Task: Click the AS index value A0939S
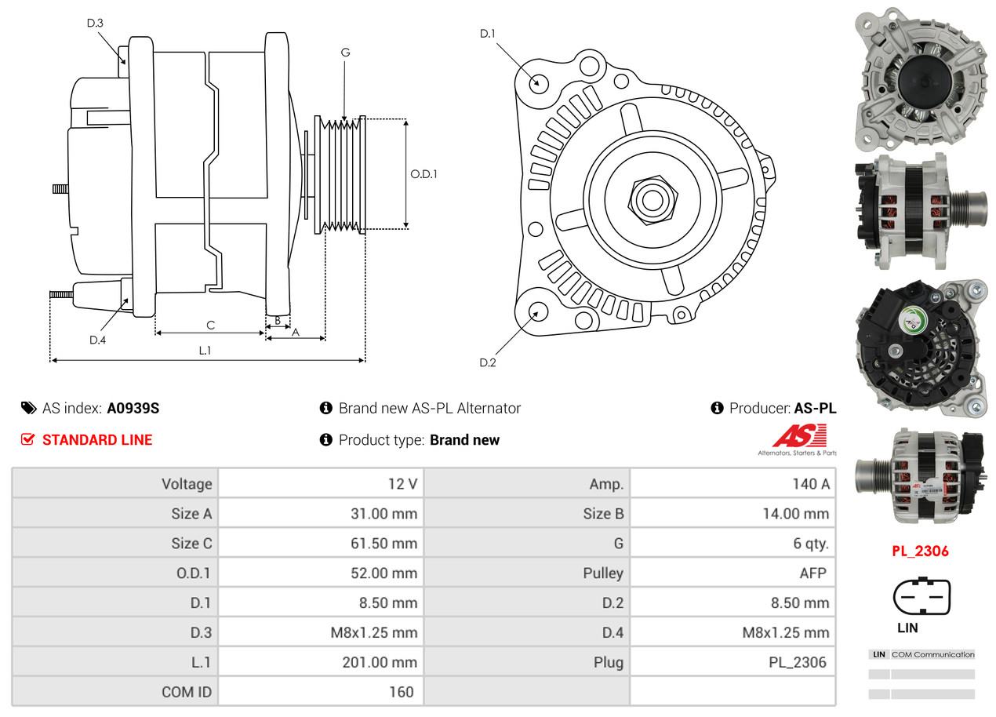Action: [133, 408]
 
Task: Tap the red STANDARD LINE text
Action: [97, 440]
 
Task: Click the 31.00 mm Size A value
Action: [383, 514]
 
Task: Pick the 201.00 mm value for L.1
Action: [379, 662]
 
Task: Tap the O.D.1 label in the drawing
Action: [423, 174]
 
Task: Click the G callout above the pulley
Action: [345, 53]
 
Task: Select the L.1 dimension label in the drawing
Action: [205, 351]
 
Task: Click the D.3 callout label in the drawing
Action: [95, 23]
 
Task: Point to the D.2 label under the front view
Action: [488, 362]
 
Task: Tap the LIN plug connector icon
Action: [921, 597]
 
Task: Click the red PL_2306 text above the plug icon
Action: [920, 551]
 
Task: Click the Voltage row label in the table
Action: [187, 484]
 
